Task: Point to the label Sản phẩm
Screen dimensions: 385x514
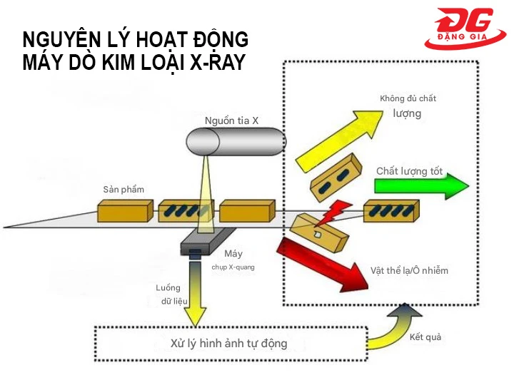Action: [124, 189]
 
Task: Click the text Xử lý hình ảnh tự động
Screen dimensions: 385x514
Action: [229, 344]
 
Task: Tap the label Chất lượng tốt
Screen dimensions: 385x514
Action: [409, 171]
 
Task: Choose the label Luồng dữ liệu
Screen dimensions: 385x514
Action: [171, 294]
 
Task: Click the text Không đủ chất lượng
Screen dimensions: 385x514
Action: [408, 106]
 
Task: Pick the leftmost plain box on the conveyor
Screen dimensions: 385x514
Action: [126, 210]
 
